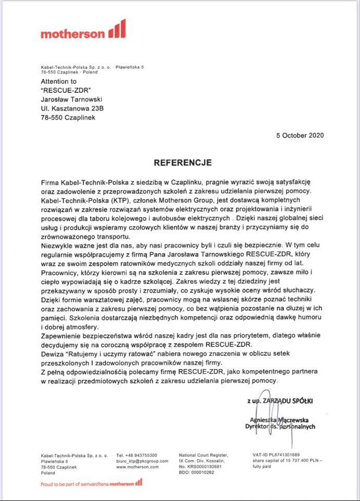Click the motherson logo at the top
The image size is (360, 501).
click(83, 31)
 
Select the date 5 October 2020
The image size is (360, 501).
click(300, 135)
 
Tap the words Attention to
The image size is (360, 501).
click(58, 82)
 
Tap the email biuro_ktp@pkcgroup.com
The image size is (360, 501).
click(142, 461)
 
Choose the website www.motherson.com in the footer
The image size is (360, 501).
click(137, 467)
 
